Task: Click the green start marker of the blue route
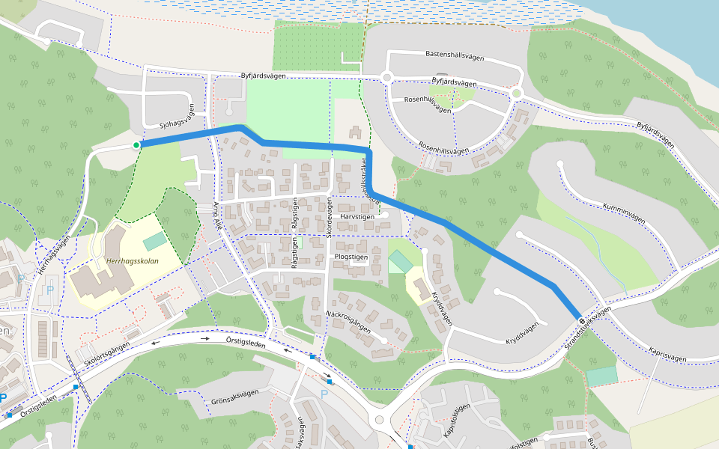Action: click(x=136, y=145)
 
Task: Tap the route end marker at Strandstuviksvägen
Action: click(x=580, y=320)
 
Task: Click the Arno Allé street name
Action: click(x=219, y=215)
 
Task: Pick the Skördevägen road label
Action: click(x=329, y=217)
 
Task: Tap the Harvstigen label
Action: click(x=357, y=216)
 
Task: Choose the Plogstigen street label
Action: click(x=351, y=256)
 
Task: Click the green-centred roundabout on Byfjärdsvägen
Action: click(x=516, y=93)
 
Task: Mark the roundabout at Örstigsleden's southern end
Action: click(x=380, y=420)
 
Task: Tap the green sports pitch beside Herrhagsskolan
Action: click(x=155, y=242)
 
